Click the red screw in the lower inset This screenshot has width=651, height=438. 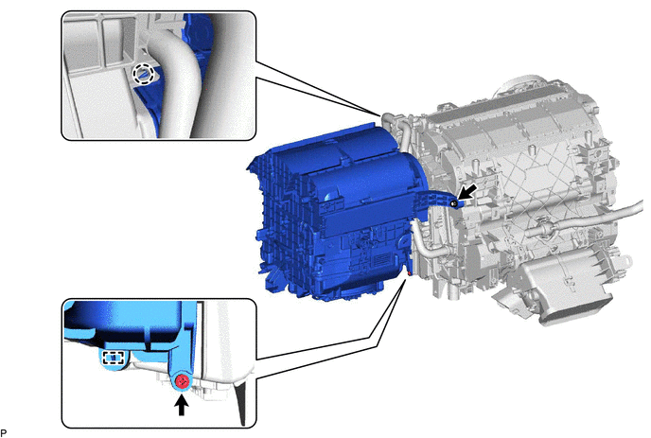point(182,381)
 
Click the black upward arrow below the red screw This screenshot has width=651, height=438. point(181,405)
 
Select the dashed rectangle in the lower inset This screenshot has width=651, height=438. point(114,358)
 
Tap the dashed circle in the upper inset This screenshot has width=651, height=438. point(143,75)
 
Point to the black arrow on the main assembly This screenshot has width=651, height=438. point(467,194)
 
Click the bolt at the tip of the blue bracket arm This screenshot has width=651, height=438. point(454,203)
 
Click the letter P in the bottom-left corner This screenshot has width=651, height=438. point(4,432)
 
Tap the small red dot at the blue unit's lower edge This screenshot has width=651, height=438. point(410,273)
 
